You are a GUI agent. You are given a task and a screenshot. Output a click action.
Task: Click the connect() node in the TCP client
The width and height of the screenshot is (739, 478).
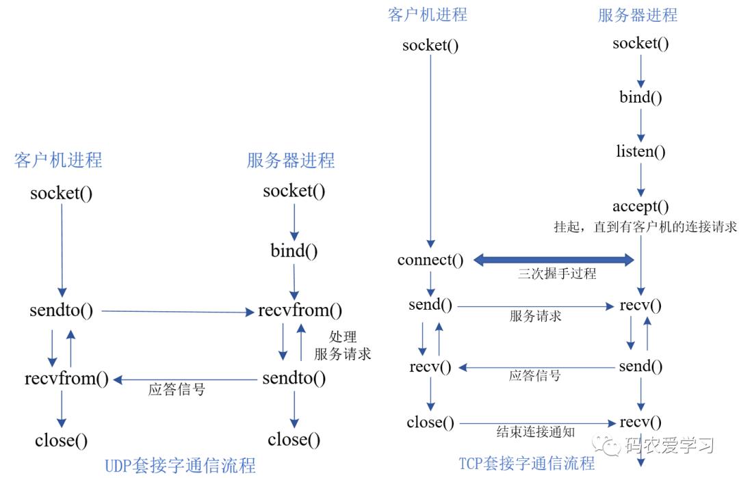(430, 260)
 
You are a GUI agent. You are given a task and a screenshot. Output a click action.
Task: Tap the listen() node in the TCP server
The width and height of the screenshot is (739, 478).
(640, 151)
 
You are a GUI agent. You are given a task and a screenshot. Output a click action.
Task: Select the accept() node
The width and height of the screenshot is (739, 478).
(640, 207)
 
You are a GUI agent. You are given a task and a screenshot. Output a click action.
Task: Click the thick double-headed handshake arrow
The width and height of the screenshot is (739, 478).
(554, 260)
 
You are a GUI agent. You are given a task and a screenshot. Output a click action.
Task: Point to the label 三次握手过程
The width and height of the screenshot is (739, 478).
(557, 274)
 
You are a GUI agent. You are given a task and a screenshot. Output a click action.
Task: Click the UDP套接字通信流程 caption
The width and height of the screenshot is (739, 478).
(180, 465)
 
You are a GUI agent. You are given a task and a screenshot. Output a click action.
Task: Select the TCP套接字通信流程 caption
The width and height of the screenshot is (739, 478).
(527, 464)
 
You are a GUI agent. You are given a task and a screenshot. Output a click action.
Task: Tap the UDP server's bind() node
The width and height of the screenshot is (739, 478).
(294, 250)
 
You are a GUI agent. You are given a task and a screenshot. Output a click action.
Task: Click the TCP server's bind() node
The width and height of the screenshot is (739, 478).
(640, 98)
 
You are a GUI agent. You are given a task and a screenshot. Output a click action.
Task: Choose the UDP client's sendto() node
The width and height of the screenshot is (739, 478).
(62, 310)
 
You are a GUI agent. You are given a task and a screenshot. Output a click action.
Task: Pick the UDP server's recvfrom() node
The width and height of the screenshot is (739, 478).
(300, 310)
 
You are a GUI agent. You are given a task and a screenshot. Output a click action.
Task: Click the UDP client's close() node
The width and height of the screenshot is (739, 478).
(62, 441)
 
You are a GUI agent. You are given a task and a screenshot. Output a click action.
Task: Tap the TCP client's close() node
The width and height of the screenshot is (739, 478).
(430, 423)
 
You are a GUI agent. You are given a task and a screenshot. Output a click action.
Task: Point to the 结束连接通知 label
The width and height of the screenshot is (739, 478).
(535, 432)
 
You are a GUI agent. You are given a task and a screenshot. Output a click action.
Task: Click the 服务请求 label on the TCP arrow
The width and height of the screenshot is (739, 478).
(535, 316)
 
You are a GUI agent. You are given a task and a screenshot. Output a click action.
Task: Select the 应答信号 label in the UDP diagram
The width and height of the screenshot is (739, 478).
(177, 390)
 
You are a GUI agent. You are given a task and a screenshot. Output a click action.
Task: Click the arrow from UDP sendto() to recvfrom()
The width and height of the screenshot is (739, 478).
(178, 311)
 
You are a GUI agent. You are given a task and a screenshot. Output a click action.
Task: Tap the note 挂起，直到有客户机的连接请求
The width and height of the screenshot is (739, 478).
(645, 227)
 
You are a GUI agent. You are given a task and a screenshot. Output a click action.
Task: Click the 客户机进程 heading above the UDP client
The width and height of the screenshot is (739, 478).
(58, 160)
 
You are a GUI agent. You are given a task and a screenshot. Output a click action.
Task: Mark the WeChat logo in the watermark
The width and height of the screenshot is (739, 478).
(606, 445)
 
